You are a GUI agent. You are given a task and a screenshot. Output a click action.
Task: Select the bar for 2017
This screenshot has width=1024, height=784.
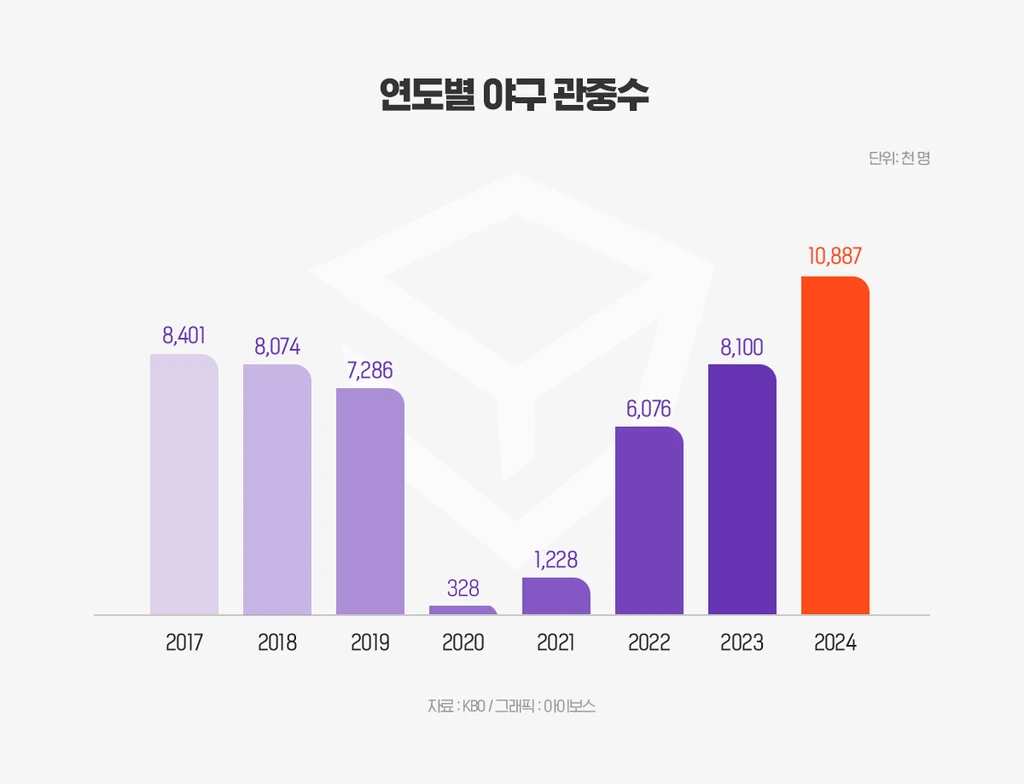184,484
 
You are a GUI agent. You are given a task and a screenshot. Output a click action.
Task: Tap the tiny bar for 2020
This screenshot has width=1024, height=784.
463,609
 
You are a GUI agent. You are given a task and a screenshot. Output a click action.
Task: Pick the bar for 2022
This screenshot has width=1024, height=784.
649,520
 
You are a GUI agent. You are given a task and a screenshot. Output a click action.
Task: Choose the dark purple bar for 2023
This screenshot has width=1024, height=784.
742,489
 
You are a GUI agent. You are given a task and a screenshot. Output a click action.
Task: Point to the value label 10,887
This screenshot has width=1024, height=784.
835,257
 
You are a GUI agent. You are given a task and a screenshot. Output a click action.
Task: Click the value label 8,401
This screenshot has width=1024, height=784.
184,335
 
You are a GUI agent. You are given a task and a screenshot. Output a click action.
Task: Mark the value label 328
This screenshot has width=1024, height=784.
463,588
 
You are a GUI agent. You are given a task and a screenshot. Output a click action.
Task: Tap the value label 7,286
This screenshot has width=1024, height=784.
370,371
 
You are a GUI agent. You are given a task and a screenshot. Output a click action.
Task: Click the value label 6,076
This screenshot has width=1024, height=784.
649,409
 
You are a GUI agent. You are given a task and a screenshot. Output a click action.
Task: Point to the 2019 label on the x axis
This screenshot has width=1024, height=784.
370,643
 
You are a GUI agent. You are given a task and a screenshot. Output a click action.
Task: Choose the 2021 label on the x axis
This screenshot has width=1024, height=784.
556,643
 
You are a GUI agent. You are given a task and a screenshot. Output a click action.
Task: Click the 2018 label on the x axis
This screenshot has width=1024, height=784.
277,643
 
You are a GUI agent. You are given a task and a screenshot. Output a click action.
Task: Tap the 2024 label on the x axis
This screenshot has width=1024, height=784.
835,643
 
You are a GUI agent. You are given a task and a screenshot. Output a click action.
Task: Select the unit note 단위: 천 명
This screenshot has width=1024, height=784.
899,158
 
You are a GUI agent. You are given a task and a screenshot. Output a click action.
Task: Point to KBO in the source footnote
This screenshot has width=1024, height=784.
474,706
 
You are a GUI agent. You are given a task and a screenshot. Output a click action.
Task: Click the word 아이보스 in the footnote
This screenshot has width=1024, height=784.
571,706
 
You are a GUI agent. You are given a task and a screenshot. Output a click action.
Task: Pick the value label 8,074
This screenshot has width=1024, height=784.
277,347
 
